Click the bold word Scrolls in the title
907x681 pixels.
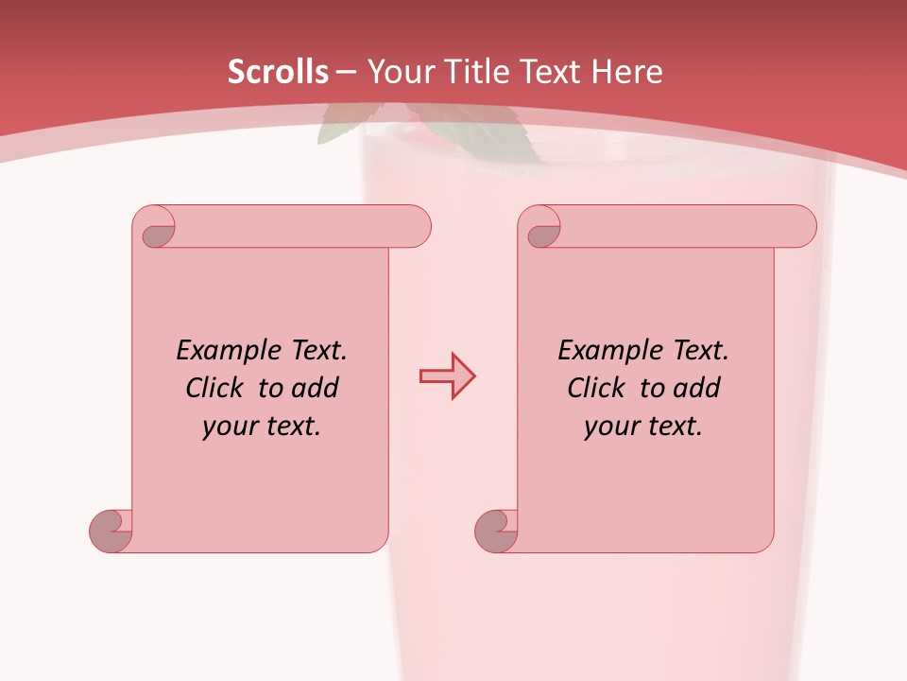click(x=279, y=72)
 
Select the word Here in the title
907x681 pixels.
click(x=627, y=72)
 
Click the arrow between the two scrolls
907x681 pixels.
click(x=447, y=376)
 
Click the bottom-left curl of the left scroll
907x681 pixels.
click(x=111, y=531)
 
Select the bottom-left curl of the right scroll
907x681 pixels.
click(x=496, y=531)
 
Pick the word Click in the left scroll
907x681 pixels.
click(x=217, y=388)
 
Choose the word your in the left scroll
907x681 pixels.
click(x=230, y=427)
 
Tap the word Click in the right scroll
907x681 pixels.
click(x=598, y=388)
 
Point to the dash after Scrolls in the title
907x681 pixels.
click(x=346, y=73)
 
